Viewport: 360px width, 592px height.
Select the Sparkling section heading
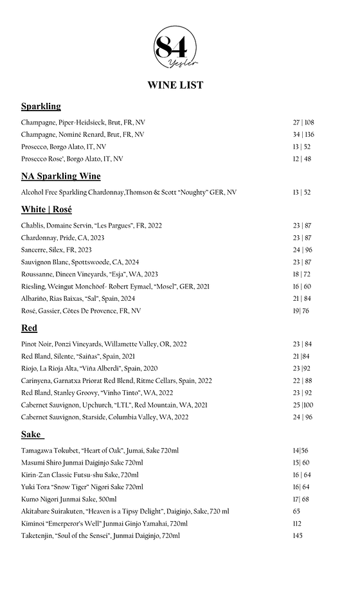(x=40, y=106)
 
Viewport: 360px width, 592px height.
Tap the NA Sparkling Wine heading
(x=60, y=176)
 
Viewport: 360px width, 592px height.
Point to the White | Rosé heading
(x=46, y=210)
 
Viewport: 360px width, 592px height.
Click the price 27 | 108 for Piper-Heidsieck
(x=303, y=122)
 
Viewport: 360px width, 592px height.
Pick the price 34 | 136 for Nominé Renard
(x=303, y=134)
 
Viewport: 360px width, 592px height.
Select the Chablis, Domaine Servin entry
(x=91, y=226)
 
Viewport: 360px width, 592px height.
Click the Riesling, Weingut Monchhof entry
(x=115, y=287)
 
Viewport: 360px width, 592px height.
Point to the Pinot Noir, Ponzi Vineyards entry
(x=104, y=344)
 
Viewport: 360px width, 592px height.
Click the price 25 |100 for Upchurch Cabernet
(x=303, y=405)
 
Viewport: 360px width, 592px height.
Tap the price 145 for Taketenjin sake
(x=297, y=535)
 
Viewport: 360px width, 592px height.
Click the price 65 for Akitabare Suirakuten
(x=296, y=511)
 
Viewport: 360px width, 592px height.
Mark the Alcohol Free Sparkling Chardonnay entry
(x=129, y=192)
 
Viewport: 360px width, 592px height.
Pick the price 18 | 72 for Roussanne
(x=302, y=274)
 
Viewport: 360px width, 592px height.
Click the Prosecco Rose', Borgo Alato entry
(x=72, y=159)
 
